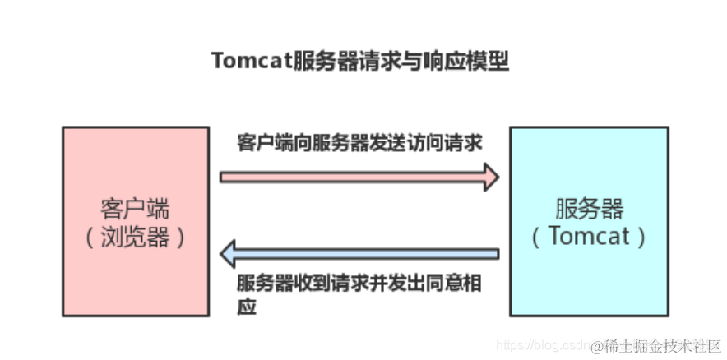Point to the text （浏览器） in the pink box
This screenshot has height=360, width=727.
pyautogui.click(x=136, y=237)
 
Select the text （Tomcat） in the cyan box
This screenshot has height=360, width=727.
pyautogui.click(x=589, y=237)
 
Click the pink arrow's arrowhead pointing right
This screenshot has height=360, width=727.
pyautogui.click(x=491, y=176)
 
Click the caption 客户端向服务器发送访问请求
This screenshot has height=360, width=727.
pyautogui.click(x=359, y=141)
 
